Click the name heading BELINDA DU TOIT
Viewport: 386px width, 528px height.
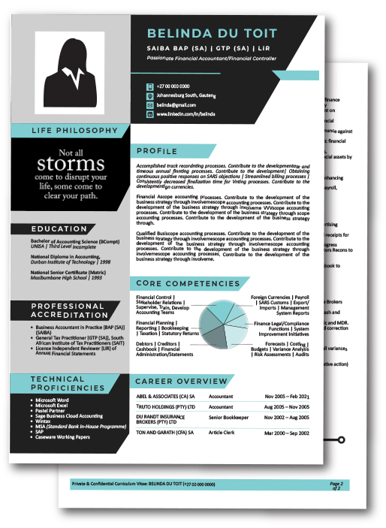[x=210, y=33]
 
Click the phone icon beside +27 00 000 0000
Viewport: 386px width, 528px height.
[x=150, y=87]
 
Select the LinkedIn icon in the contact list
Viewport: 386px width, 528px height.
[x=150, y=114]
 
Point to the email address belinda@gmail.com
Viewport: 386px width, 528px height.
[x=177, y=105]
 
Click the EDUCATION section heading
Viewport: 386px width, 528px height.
[x=60, y=228]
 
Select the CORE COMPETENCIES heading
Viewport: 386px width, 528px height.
[x=188, y=283]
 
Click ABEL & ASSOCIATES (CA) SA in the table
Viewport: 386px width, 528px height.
[x=166, y=396]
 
